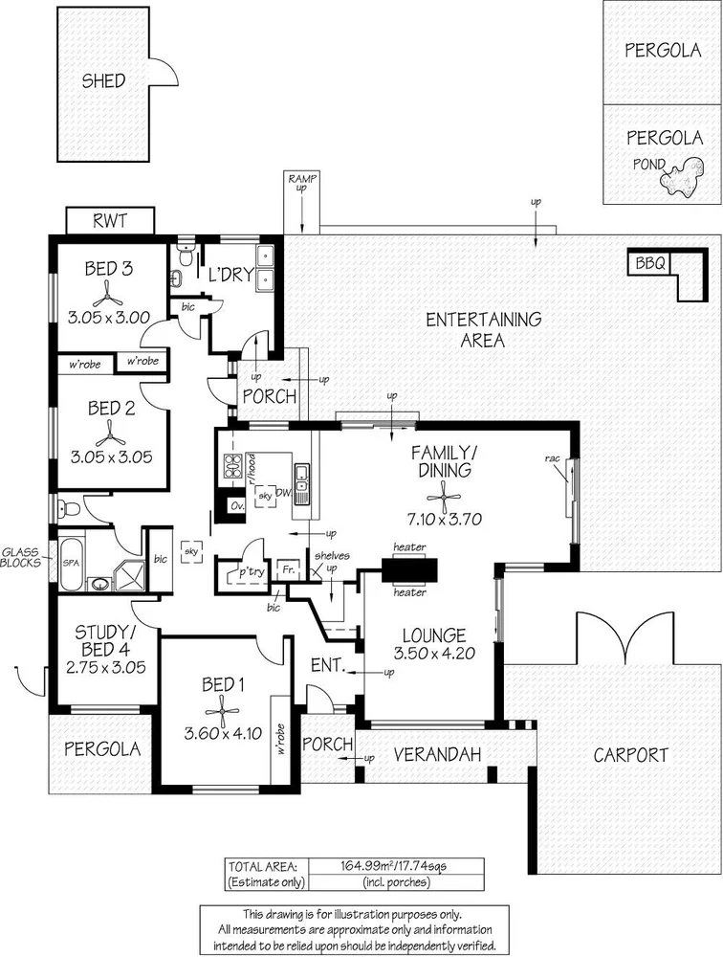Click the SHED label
click(x=102, y=81)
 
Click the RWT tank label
click(x=109, y=222)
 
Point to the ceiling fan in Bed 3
click(x=111, y=294)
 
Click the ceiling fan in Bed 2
click(x=111, y=433)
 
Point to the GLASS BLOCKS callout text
click(x=21, y=558)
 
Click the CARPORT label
click(x=630, y=755)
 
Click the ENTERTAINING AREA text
click(x=483, y=329)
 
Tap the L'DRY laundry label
click(x=230, y=275)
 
